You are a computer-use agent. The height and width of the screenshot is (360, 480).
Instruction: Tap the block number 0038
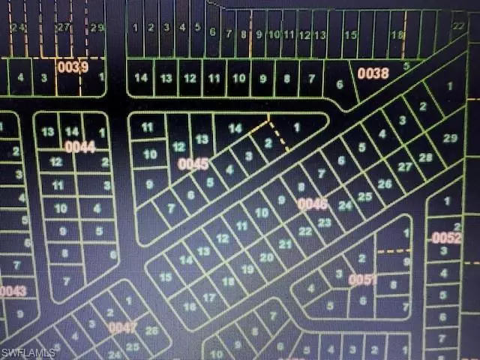pyautogui.click(x=373, y=73)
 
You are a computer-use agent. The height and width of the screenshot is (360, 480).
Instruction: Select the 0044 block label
pyautogui.click(x=79, y=146)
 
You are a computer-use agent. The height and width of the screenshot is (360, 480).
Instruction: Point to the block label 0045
pyautogui.click(x=193, y=163)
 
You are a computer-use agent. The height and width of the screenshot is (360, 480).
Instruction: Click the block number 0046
pyautogui.click(x=312, y=203)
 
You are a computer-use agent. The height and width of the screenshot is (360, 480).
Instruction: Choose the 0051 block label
pyautogui.click(x=361, y=280)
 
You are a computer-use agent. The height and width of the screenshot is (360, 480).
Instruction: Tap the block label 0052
pyautogui.click(x=446, y=238)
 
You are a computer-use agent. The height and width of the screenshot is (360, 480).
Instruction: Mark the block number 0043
pyautogui.click(x=13, y=291)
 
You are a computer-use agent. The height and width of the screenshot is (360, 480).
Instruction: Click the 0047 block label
pyautogui.click(x=123, y=327)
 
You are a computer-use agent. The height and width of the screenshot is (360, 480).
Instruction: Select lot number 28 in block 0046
pyautogui.click(x=425, y=157)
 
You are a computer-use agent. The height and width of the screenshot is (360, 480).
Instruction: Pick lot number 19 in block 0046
pyautogui.click(x=247, y=268)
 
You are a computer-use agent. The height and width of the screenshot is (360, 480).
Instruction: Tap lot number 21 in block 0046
pyautogui.click(x=285, y=244)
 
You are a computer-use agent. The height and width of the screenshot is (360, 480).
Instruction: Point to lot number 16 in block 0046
pyautogui.click(x=190, y=306)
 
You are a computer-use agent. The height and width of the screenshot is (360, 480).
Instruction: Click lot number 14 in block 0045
pyautogui.click(x=235, y=128)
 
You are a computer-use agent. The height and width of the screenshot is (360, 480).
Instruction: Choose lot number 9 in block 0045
pyautogui.click(x=149, y=183)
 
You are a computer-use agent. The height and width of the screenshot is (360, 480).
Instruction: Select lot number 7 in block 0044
pyautogui.click(x=67, y=281)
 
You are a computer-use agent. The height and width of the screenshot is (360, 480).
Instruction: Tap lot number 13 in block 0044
pyautogui.click(x=49, y=132)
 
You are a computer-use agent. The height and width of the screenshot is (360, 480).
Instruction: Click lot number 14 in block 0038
pyautogui.click(x=141, y=78)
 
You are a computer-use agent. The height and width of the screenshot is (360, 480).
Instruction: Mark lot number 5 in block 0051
pyautogui.click(x=331, y=305)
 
